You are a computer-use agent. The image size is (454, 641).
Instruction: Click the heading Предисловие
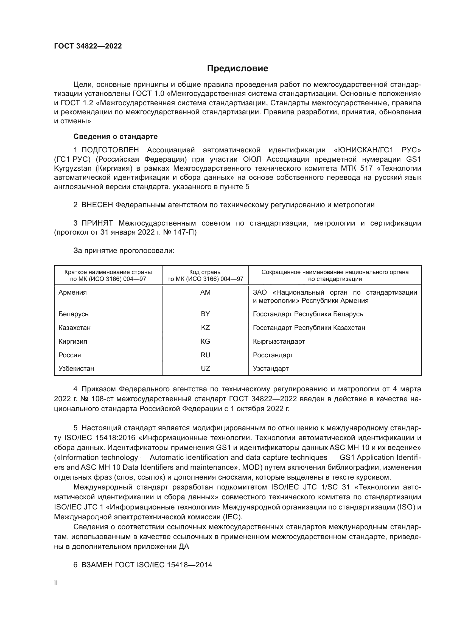coord(237,69)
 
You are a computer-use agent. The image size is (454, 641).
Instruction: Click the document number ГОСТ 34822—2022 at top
coord(88,46)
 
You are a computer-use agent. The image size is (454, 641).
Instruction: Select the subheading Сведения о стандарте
coord(116,136)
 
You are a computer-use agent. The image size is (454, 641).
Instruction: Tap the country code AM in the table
coord(205,292)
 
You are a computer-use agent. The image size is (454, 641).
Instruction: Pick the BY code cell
coord(205,314)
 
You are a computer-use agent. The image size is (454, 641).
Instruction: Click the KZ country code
coord(205,327)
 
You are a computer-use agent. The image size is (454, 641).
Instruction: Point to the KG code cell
coord(205,341)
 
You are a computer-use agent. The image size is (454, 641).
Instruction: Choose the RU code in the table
coord(205,355)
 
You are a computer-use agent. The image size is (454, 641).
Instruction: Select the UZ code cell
coord(205,368)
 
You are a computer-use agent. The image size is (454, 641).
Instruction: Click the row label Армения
coord(73,292)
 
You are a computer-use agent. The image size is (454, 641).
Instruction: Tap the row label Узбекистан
coord(76,368)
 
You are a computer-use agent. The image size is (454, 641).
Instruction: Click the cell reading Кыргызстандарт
coord(279,341)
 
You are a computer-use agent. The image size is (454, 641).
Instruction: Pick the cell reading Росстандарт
coord(273,355)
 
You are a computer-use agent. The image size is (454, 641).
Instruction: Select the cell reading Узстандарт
coord(271,368)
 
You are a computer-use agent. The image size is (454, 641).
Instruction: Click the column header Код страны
coord(205,272)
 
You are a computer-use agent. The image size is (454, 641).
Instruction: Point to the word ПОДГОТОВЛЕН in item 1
coord(110,150)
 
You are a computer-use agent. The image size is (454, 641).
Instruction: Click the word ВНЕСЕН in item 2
coord(97,205)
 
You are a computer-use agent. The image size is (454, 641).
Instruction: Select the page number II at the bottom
coord(56,583)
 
